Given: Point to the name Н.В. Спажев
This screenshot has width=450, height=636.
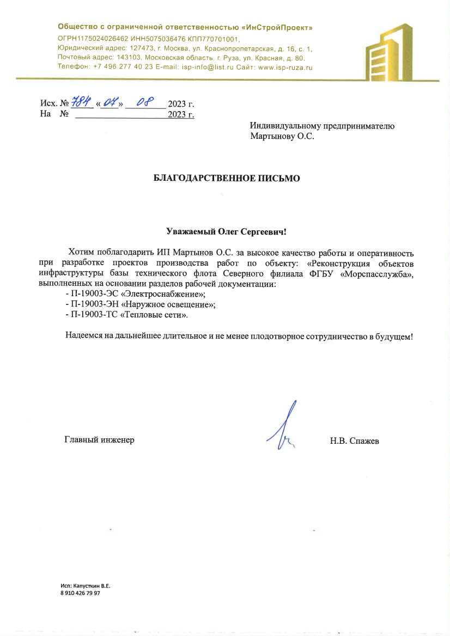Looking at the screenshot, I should point(354,441).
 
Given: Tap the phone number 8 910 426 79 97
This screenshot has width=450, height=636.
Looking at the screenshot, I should point(80,594).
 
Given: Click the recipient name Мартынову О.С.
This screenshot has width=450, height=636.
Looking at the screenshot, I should point(282,136).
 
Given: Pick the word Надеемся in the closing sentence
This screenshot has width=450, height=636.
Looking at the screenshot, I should point(84,336).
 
